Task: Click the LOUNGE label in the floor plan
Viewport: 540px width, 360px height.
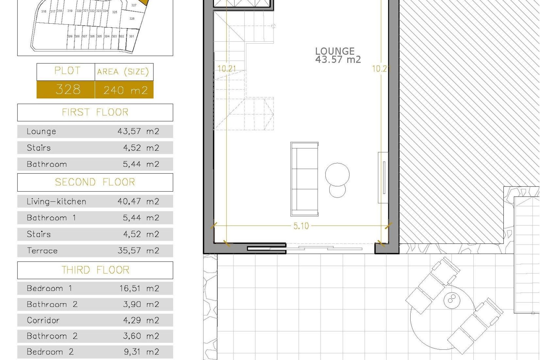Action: point(335,51)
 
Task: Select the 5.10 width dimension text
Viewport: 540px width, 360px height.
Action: point(301,226)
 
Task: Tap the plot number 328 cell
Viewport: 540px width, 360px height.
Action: point(68,90)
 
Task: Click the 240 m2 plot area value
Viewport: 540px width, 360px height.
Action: point(125,90)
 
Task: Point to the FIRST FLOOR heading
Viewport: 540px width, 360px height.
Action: point(95,112)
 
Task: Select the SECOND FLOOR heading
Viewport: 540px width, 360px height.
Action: point(95,182)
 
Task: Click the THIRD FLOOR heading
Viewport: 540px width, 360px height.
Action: point(95,270)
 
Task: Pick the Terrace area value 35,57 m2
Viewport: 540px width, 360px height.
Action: point(138,251)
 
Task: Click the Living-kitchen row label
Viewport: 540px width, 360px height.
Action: point(56,201)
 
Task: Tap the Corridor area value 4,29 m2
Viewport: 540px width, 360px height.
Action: point(141,320)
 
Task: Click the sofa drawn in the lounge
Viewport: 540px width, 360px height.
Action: point(304,179)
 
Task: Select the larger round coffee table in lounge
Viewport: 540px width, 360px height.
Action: point(337,174)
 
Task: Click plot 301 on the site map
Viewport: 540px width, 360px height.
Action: point(131,36)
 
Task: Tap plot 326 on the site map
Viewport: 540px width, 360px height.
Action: point(132,19)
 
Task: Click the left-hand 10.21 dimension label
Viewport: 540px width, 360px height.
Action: point(227,68)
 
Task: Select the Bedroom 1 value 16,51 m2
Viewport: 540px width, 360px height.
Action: point(139,288)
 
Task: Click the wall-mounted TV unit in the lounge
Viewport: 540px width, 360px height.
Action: point(383,177)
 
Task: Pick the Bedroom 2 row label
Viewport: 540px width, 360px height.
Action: point(50,352)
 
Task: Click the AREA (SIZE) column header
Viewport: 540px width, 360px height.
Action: point(123,72)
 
